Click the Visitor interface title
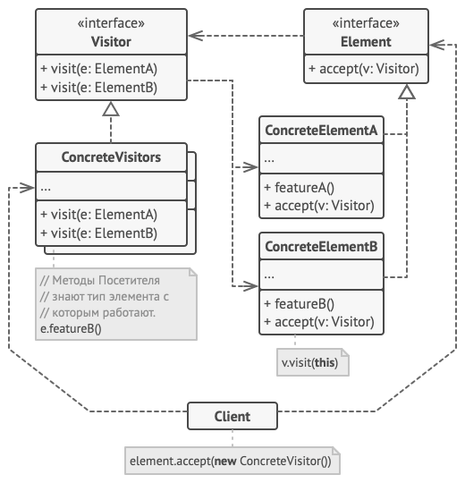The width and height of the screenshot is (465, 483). pos(111,42)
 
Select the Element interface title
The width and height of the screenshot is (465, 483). pos(366,42)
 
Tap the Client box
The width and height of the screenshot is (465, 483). pos(232,416)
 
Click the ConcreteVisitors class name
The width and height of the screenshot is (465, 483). pos(111,157)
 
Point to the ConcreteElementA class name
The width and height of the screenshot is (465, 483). pos(321,131)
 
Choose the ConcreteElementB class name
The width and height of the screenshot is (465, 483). pos(321,247)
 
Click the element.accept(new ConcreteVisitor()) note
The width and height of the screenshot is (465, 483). pos(232,462)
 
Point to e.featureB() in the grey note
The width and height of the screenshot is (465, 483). pos(71,328)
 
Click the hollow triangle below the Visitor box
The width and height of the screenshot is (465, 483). pos(111,109)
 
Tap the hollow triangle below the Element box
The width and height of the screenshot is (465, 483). pos(407,92)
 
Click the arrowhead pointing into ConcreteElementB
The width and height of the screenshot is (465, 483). pos(250,286)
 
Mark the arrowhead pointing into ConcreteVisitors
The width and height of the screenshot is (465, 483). pos(27,187)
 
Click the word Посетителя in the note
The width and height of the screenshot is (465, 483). pos(130,280)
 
